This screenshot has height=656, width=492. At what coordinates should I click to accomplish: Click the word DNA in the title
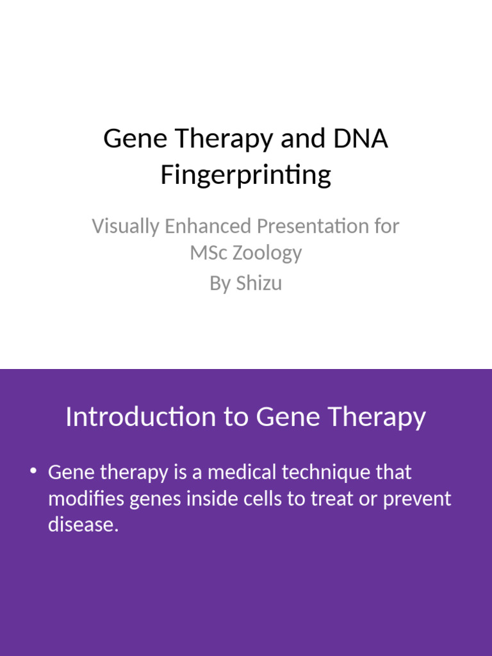click(360, 139)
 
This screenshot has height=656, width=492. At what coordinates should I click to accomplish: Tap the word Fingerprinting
click(246, 174)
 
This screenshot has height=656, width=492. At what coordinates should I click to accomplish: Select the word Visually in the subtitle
click(125, 226)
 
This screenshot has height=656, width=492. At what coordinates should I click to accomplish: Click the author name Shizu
click(259, 283)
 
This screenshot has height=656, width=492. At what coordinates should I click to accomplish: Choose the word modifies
click(86, 498)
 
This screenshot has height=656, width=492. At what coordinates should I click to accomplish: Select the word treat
click(332, 498)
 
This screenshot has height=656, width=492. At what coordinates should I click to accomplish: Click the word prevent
click(417, 499)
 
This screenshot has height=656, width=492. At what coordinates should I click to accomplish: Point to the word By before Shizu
click(220, 283)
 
